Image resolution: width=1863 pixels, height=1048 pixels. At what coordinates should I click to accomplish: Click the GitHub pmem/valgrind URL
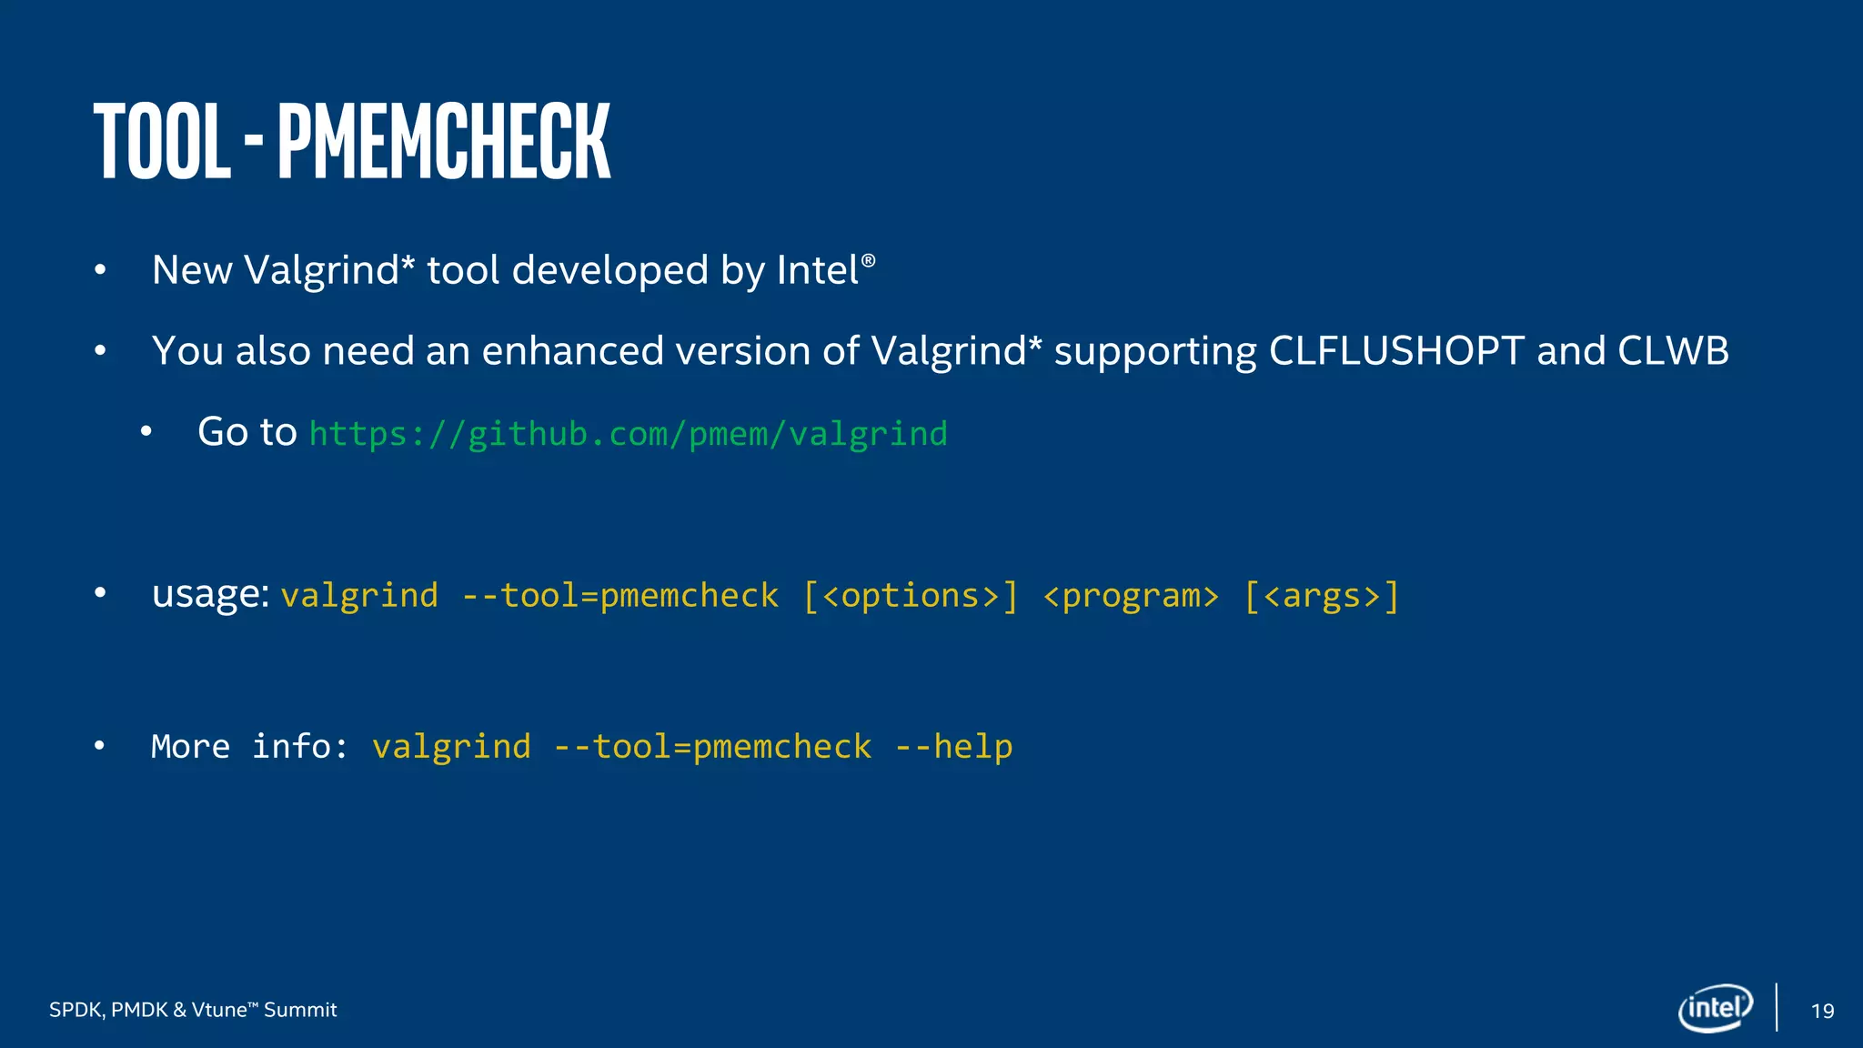pos(628,434)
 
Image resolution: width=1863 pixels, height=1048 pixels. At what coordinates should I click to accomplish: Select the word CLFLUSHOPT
pos(1396,351)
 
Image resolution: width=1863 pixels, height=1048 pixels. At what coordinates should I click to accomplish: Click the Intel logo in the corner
pos(1715,1008)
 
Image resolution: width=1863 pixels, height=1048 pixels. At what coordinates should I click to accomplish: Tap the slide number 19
pos(1822,1011)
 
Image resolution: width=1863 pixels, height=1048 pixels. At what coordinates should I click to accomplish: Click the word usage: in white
pos(210,595)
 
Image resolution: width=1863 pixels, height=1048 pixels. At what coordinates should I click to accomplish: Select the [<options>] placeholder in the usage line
pos(911,596)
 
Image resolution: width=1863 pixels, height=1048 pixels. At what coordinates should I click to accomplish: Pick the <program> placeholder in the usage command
pos(1131,596)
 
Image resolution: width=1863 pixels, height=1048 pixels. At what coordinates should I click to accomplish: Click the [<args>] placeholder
pos(1321,596)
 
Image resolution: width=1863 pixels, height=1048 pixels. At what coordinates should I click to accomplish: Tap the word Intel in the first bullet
pos(818,270)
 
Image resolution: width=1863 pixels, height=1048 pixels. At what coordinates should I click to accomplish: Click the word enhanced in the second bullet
pos(572,351)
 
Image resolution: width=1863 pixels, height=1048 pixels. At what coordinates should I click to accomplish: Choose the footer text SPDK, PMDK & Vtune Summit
pos(193,1010)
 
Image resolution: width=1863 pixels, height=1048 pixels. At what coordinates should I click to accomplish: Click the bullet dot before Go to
pos(146,433)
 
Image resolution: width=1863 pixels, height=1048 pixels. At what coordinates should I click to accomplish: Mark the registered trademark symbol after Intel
pos(868,261)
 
